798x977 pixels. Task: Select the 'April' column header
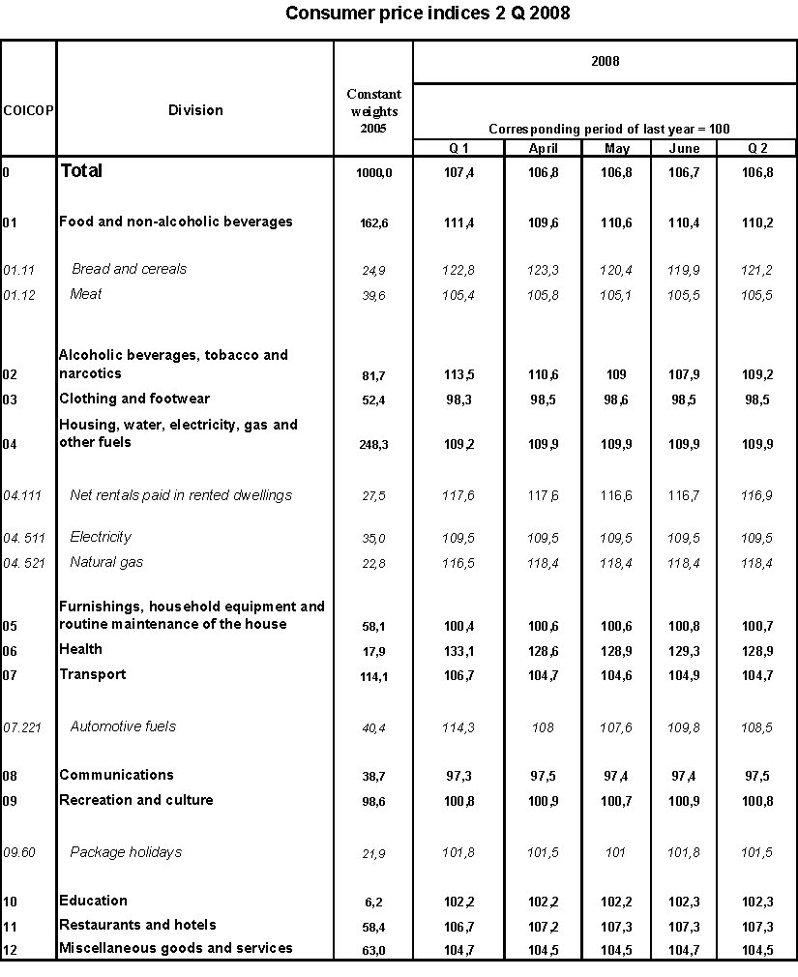point(543,148)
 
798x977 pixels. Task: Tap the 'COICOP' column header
point(28,110)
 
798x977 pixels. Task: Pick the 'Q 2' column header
point(758,148)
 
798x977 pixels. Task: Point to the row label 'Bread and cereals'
point(129,269)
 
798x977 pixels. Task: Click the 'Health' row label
point(80,649)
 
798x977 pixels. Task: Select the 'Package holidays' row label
point(126,852)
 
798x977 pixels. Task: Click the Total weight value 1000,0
point(373,171)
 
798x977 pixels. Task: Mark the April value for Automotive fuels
point(543,726)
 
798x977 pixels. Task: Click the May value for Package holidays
point(616,852)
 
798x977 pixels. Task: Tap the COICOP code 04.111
point(25,495)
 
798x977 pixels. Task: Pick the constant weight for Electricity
point(373,538)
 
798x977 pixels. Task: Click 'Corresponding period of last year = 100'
point(608,129)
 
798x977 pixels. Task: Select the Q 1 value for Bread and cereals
point(459,269)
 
